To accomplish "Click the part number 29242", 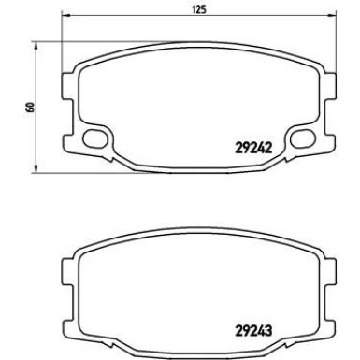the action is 252,148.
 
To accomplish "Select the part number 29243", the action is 253,330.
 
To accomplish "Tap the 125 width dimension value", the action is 199,9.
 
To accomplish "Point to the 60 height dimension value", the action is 31,107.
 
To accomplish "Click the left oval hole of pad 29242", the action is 94,137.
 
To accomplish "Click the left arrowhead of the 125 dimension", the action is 66,15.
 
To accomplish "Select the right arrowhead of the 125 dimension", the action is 333,15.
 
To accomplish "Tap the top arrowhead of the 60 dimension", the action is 36,46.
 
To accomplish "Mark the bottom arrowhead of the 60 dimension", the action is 36,168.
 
